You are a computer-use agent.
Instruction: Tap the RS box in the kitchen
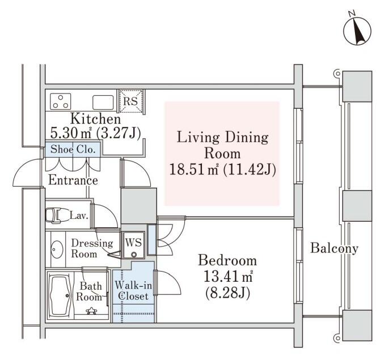(130, 101)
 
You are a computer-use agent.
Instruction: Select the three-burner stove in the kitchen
(60, 101)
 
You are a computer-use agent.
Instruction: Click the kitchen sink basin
(103, 103)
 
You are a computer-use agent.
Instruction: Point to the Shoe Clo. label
(73, 149)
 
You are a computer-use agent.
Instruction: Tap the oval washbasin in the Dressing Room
(57, 249)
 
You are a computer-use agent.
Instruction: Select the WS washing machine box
(134, 245)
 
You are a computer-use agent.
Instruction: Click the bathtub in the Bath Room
(61, 297)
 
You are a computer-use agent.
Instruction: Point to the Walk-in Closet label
(133, 291)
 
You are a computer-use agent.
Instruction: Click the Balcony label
(334, 248)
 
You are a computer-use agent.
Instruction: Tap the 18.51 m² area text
(193, 170)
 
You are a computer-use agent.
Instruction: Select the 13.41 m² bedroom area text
(228, 277)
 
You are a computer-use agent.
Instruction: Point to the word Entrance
(73, 180)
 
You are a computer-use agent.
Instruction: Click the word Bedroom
(227, 261)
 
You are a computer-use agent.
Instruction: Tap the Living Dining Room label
(222, 145)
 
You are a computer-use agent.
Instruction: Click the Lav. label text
(79, 215)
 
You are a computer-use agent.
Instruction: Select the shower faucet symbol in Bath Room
(91, 311)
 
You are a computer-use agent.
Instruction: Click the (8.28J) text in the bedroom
(228, 293)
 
